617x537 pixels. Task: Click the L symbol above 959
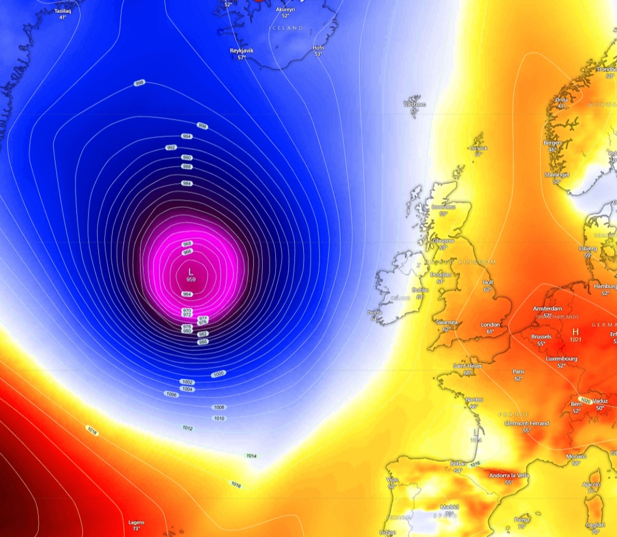coord(191,271)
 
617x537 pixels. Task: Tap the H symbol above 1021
coord(575,331)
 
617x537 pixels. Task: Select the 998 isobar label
coord(139,83)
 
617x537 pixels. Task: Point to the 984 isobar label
coord(187,183)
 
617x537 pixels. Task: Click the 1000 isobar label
coord(218,374)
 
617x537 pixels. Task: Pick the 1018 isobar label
coord(91,430)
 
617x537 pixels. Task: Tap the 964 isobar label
coord(187,294)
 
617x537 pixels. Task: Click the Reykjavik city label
coord(242,50)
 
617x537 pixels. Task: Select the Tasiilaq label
coord(63,11)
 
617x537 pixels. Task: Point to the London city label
coord(490,324)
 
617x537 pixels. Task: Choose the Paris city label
coord(518,371)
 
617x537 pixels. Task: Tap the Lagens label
coord(136,522)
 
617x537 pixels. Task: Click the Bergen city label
coord(552,142)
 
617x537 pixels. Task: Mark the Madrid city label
coord(449,507)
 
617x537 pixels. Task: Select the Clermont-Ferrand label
coord(526,423)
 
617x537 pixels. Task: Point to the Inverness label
coord(443,207)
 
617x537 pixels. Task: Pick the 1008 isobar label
coord(219,407)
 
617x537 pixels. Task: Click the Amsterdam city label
coord(547,308)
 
